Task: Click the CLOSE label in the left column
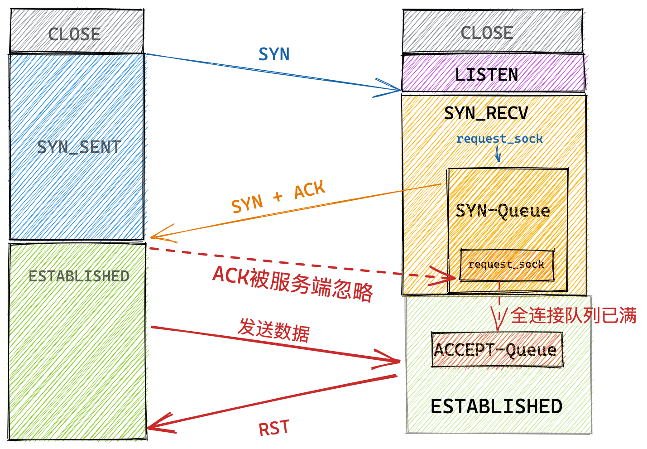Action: click(74, 34)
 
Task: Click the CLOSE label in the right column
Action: click(487, 33)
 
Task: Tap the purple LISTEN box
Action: click(487, 74)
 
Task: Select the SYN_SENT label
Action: click(79, 147)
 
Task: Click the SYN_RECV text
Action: click(486, 113)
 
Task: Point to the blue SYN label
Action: click(274, 55)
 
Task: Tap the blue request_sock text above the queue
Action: click(499, 139)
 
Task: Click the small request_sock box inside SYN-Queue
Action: click(506, 265)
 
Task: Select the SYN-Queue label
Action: click(503, 211)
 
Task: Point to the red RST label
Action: click(273, 428)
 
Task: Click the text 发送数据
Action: click(274, 330)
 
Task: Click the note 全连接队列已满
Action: click(573, 315)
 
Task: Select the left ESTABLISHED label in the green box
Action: click(79, 276)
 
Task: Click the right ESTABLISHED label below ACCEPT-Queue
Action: click(496, 406)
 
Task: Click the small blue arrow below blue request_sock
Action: click(498, 156)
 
